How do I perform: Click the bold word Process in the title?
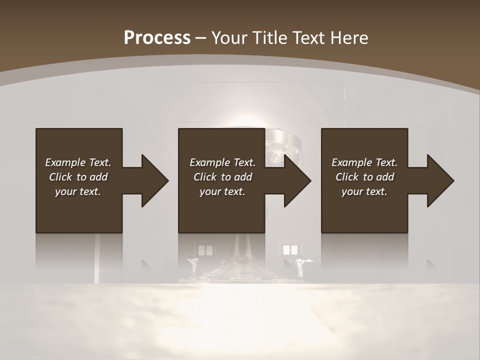pos(157,38)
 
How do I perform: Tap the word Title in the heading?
pos(267,38)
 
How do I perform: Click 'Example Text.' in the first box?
pos(78,162)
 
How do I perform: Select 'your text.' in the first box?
pos(78,191)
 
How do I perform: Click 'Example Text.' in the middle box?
pos(222,162)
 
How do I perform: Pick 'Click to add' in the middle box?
pos(222,177)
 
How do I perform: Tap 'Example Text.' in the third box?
pos(364,162)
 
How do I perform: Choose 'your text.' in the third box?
pos(364,191)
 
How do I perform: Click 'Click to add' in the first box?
pos(78,177)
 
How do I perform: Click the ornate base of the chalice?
pos(240,270)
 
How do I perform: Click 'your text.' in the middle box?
pos(222,191)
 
